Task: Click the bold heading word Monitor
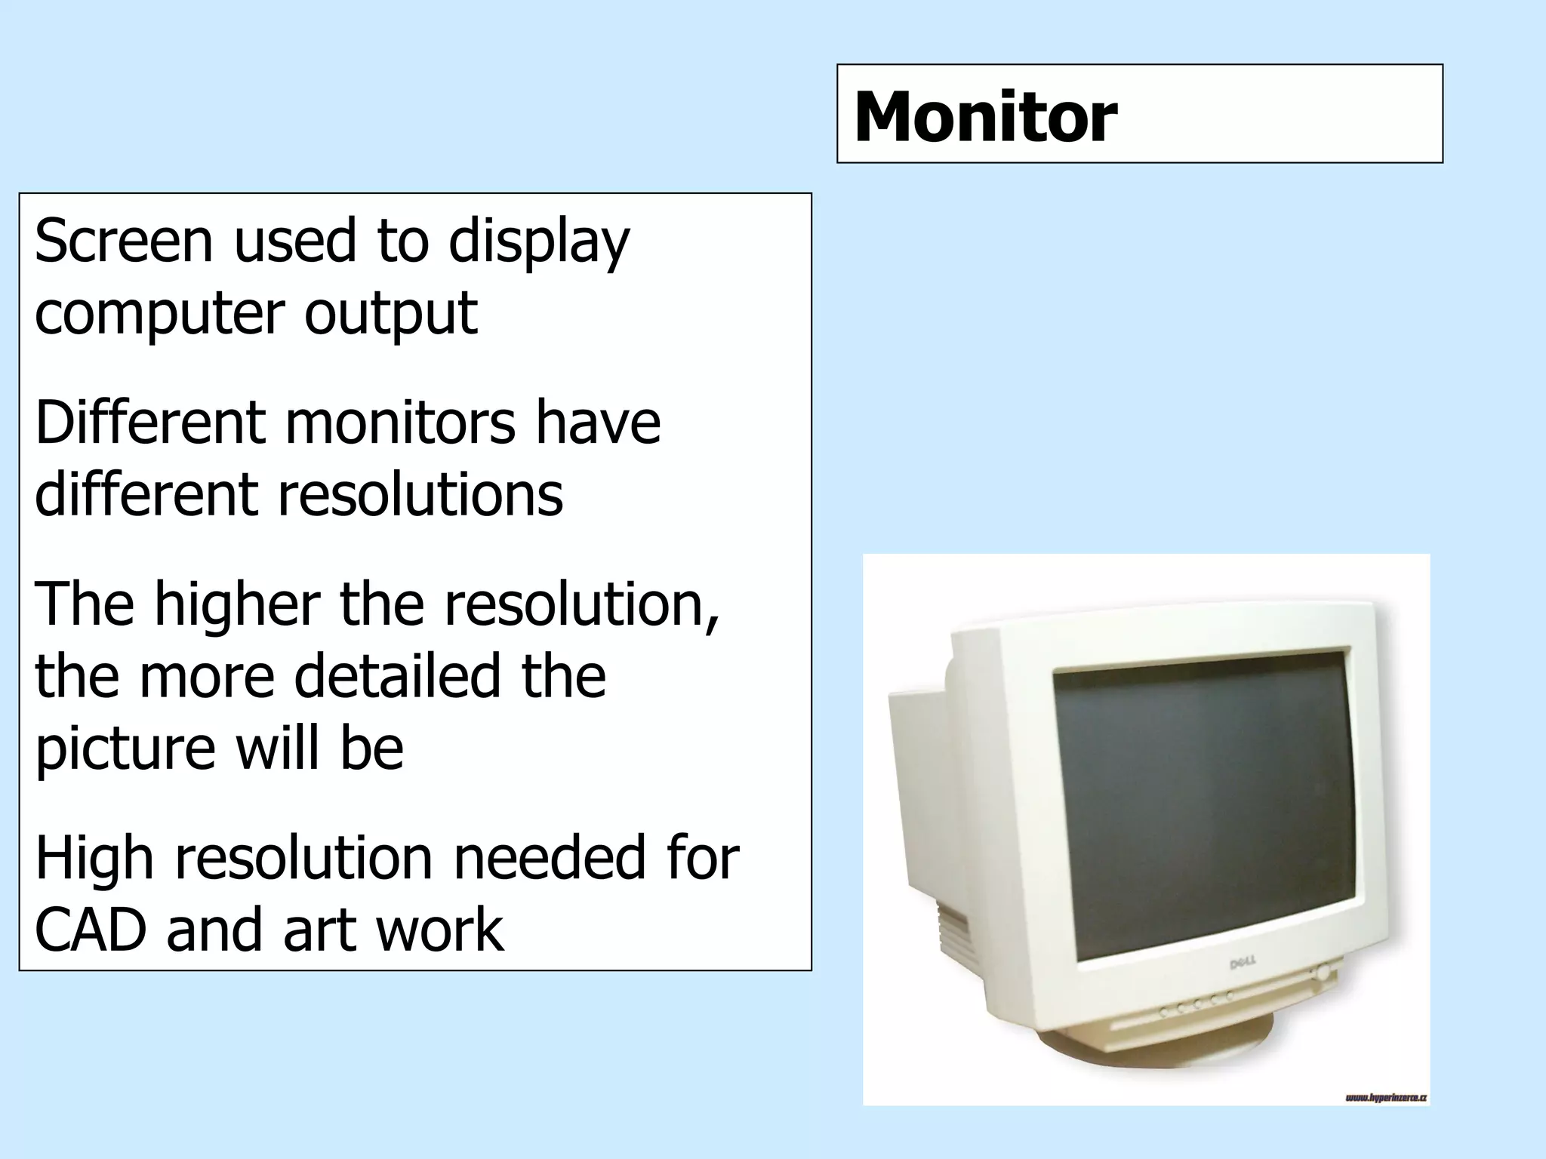coord(984,117)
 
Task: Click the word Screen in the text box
coord(124,241)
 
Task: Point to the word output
coord(390,314)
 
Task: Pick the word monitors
coord(400,423)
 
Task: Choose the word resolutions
coord(420,495)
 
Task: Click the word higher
coord(237,604)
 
